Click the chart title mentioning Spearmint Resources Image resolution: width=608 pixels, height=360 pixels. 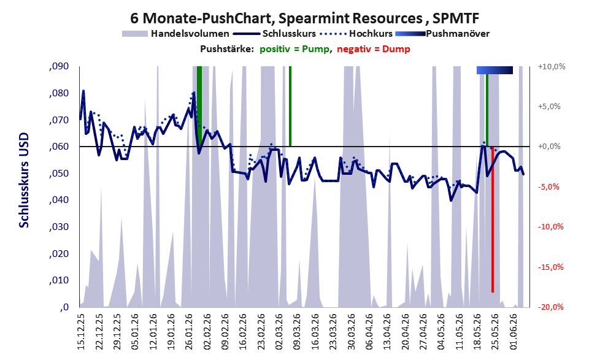point(305,18)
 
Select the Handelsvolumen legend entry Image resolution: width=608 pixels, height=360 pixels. point(175,34)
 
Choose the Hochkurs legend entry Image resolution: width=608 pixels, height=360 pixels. point(356,34)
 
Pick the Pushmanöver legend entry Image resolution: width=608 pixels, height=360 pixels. point(442,34)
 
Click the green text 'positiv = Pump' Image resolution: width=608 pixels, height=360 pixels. point(294,49)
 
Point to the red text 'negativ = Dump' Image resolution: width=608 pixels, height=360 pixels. point(374,49)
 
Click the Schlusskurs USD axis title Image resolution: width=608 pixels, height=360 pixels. point(24,180)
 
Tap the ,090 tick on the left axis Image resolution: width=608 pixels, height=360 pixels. point(59,66)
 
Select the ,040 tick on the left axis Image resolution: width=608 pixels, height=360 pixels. point(59,200)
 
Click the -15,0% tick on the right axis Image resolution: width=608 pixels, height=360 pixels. point(551,267)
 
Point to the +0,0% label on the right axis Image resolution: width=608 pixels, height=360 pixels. point(550,147)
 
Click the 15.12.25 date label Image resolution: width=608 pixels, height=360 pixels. point(81,332)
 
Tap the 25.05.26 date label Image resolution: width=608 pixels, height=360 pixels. point(494,332)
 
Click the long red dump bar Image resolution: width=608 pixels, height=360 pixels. point(493,220)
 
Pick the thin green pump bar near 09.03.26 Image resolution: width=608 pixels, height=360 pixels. point(290,106)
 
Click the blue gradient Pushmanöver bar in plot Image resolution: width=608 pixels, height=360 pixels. point(494,70)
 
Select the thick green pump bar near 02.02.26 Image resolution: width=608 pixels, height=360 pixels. point(199,106)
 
